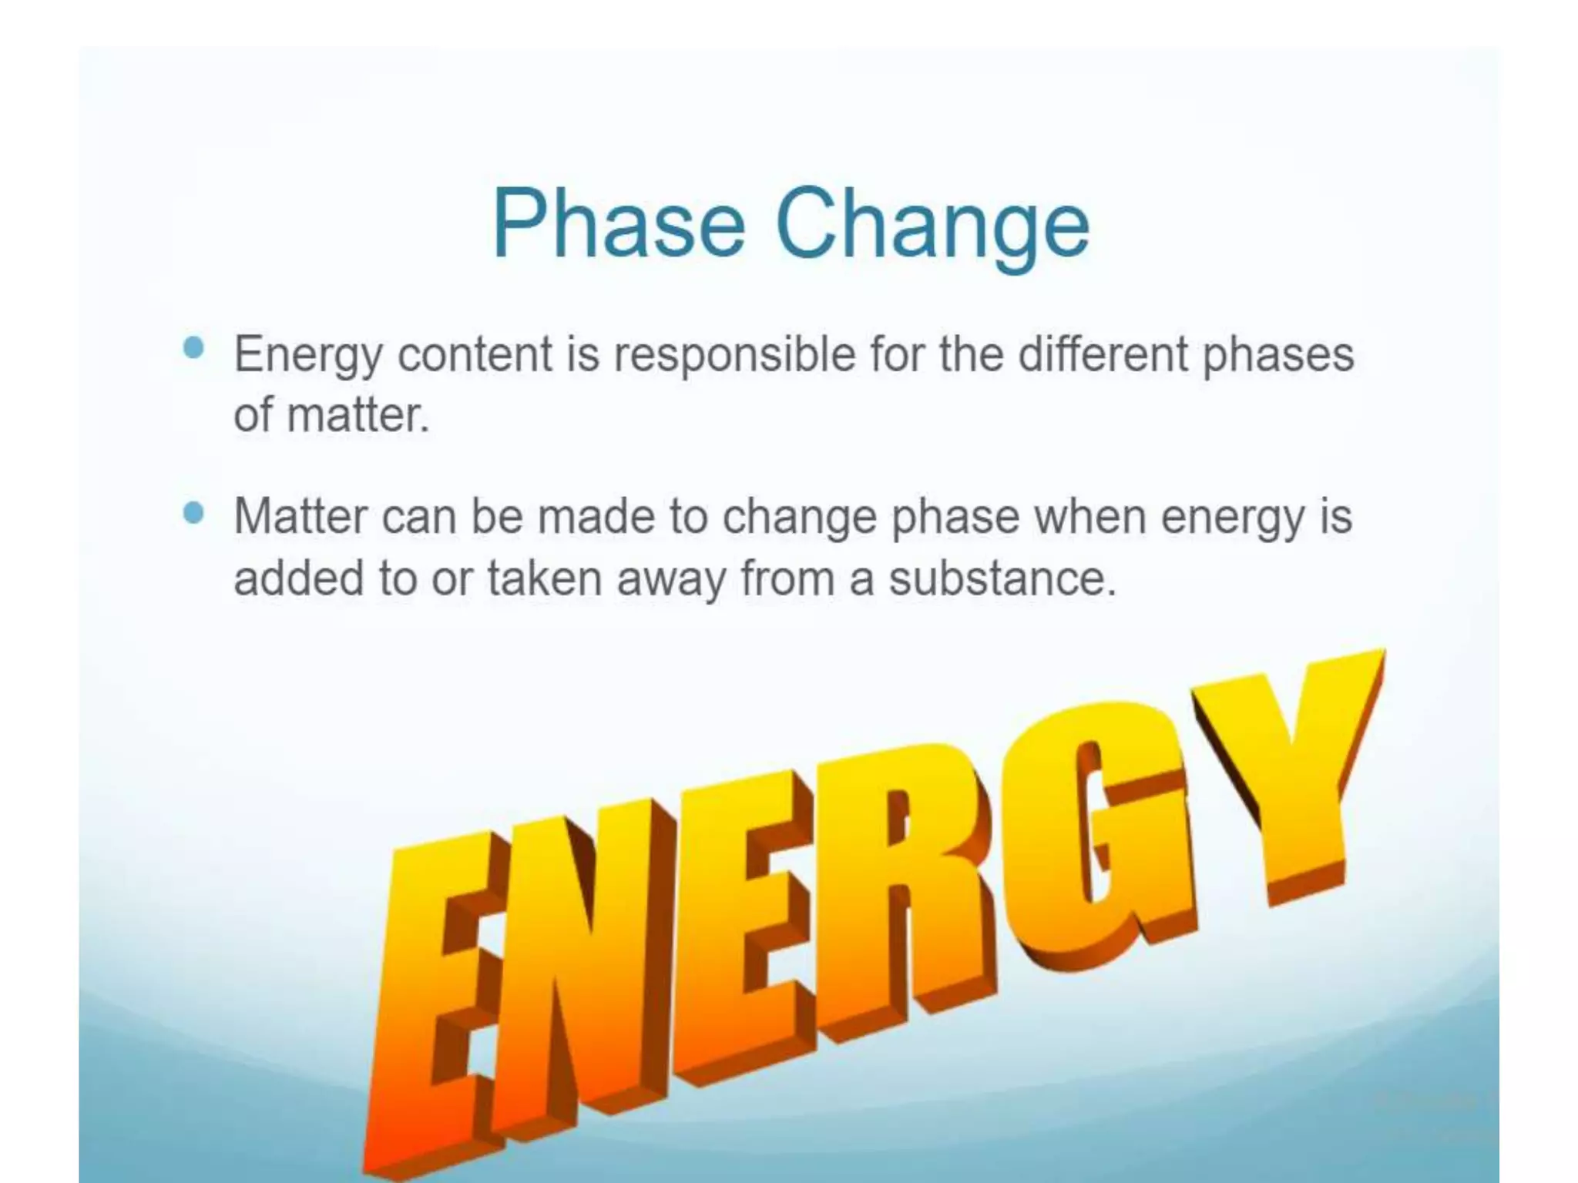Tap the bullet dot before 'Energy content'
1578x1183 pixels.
point(194,348)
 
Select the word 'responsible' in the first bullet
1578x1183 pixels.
point(734,355)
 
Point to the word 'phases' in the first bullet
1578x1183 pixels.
point(1278,355)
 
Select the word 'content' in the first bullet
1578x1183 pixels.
point(475,355)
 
